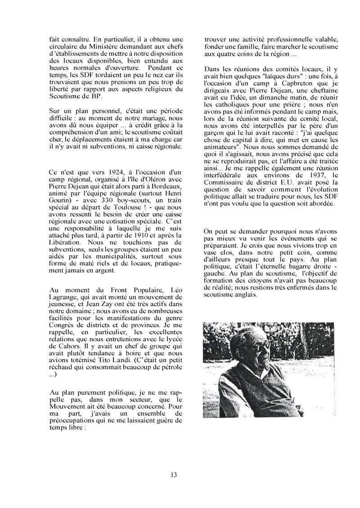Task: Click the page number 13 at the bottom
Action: pyautogui.click(x=174, y=474)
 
